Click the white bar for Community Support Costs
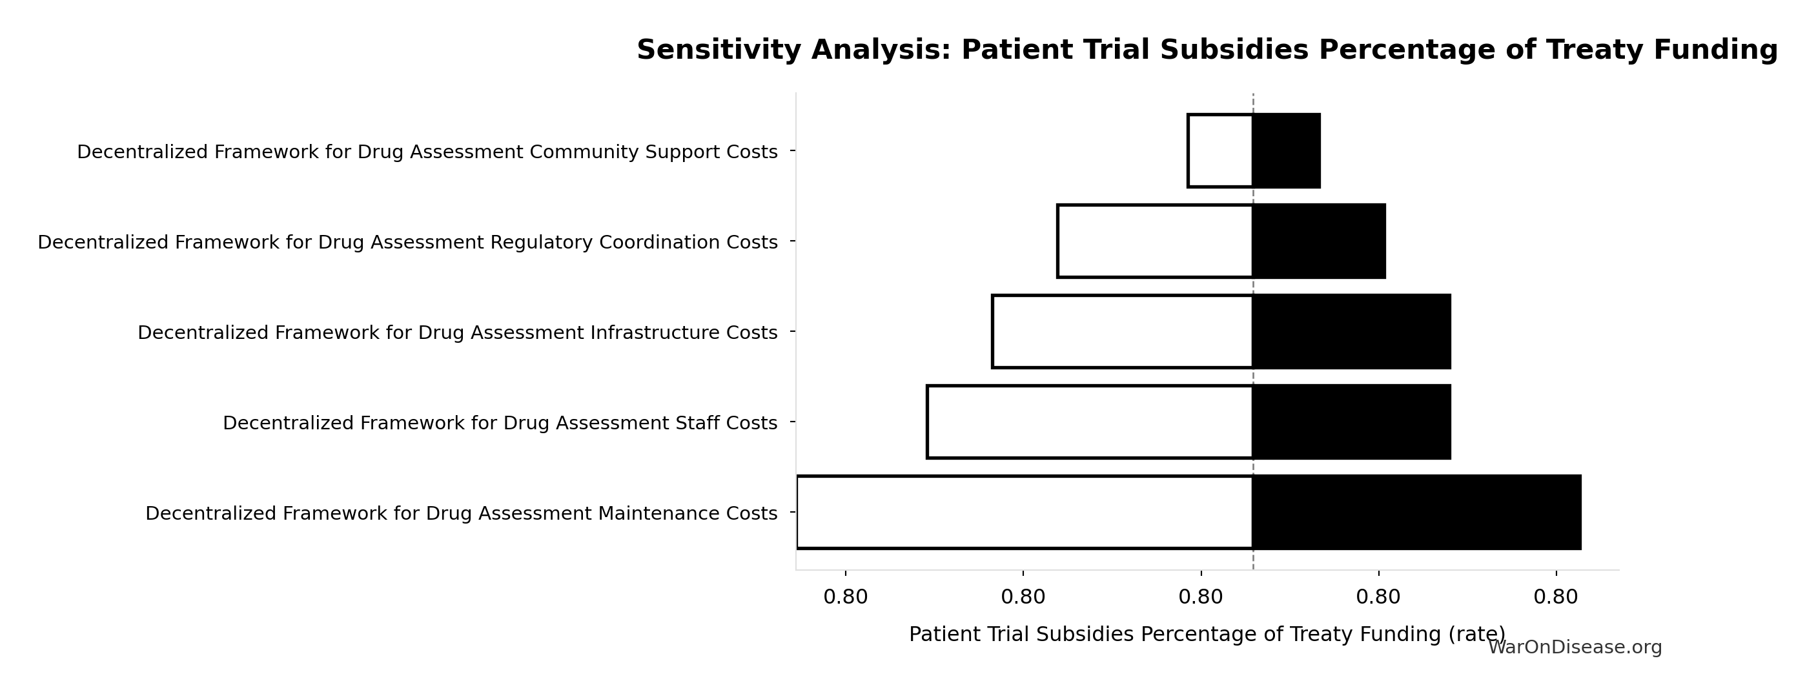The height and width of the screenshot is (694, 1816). click(1220, 151)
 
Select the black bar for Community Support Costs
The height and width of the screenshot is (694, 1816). click(1287, 151)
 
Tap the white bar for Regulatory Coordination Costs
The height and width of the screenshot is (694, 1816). click(1155, 241)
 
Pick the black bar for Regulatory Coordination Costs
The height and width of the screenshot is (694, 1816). click(1319, 241)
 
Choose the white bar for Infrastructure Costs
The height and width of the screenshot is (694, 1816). click(1122, 331)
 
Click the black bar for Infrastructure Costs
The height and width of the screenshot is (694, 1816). click(1351, 331)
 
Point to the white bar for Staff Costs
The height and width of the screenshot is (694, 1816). click(1090, 422)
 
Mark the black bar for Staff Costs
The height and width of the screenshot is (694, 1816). click(1351, 422)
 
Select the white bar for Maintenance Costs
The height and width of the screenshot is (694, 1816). click(1025, 512)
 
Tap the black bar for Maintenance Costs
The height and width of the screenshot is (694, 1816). click(1417, 512)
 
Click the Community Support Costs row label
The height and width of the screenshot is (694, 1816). click(427, 152)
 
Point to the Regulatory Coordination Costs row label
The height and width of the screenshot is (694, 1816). click(407, 243)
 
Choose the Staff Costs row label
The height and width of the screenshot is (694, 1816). click(500, 423)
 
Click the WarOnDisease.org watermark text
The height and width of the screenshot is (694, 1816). click(1574, 648)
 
